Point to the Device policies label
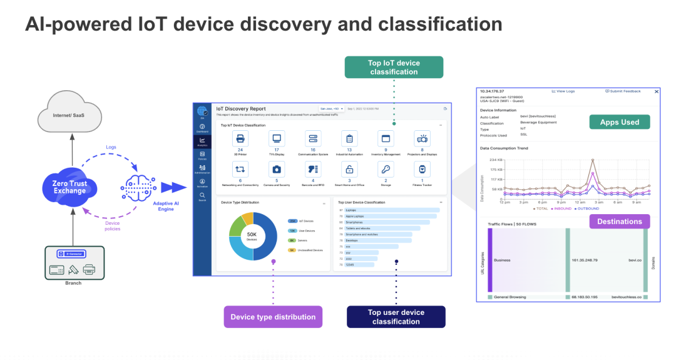point(112,226)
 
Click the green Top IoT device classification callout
point(394,68)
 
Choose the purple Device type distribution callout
point(273,317)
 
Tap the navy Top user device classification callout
point(396,317)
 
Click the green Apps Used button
point(619,122)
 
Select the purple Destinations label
point(619,221)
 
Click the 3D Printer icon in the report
point(240,138)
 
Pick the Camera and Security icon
point(276,169)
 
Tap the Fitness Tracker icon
point(422,169)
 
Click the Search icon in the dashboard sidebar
point(202,195)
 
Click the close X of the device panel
point(656,91)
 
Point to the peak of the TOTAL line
point(592,160)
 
